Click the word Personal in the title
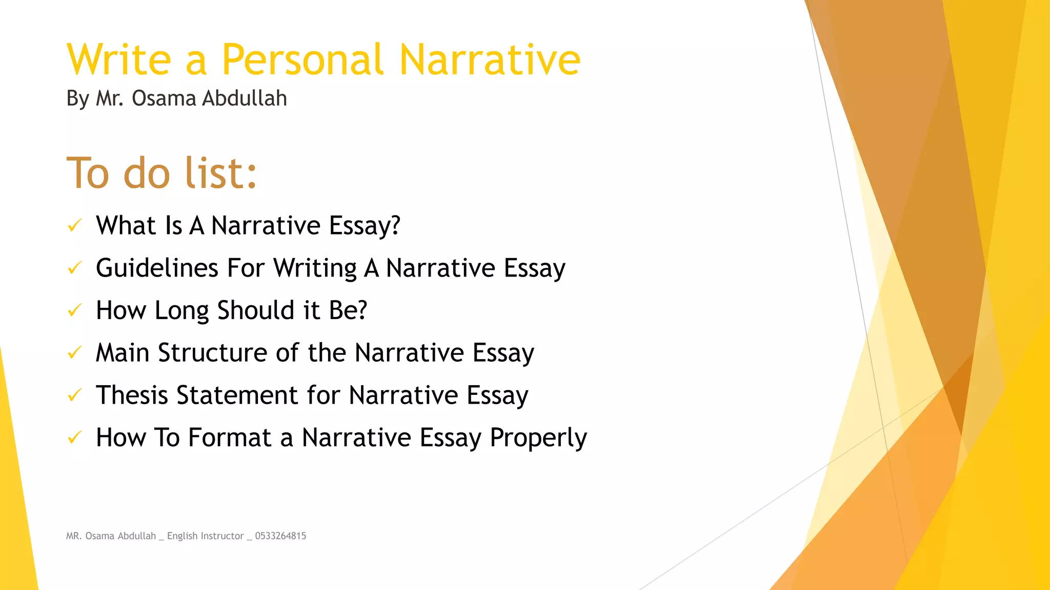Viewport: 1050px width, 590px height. point(302,60)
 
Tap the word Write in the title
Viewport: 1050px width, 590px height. point(119,60)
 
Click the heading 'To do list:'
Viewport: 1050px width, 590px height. point(161,173)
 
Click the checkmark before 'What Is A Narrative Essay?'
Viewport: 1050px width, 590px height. point(75,225)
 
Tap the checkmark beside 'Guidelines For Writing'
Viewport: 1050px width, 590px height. point(75,268)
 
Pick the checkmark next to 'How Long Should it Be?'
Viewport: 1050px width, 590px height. point(75,310)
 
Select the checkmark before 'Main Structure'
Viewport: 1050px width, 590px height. point(75,353)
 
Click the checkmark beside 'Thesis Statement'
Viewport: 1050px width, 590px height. point(75,395)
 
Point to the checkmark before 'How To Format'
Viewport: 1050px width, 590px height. point(75,438)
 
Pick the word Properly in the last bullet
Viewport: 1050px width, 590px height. point(538,438)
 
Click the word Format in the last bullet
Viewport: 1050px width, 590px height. point(229,438)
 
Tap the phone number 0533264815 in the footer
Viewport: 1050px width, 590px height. point(280,536)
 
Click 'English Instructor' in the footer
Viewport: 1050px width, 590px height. point(205,536)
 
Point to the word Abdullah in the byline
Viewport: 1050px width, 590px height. point(244,98)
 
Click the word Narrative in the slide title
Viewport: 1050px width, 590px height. point(490,60)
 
